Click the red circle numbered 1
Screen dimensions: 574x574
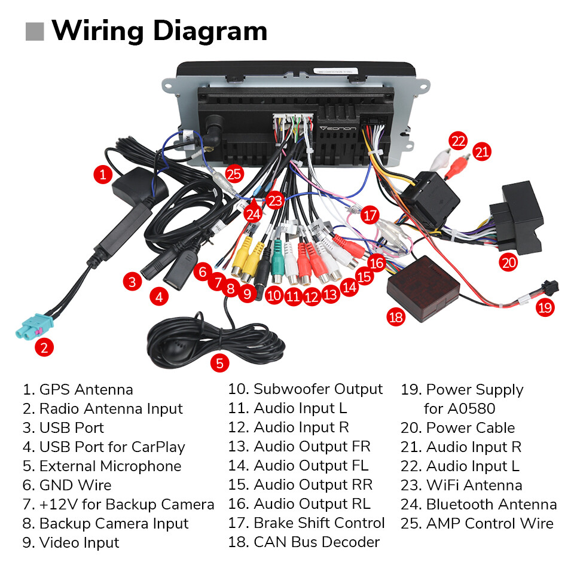coord(103,175)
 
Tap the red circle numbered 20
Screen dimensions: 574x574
coord(509,261)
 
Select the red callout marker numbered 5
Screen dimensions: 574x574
coord(219,362)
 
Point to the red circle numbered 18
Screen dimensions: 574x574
coord(396,317)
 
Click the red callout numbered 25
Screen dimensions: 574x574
coord(235,174)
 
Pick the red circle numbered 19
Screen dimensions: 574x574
coord(545,307)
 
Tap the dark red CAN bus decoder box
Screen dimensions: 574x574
coord(423,283)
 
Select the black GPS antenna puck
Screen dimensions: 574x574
coord(133,184)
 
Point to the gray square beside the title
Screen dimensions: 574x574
coord(35,31)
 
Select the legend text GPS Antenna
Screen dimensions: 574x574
coord(86,390)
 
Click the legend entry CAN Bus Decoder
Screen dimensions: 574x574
coord(316,542)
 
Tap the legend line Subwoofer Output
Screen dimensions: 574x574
coord(317,389)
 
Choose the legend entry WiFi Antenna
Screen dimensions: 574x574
coord(474,485)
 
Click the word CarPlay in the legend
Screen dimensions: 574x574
coord(158,447)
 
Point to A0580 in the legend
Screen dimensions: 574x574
coord(459,409)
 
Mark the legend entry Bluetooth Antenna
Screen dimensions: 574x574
coord(491,504)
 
